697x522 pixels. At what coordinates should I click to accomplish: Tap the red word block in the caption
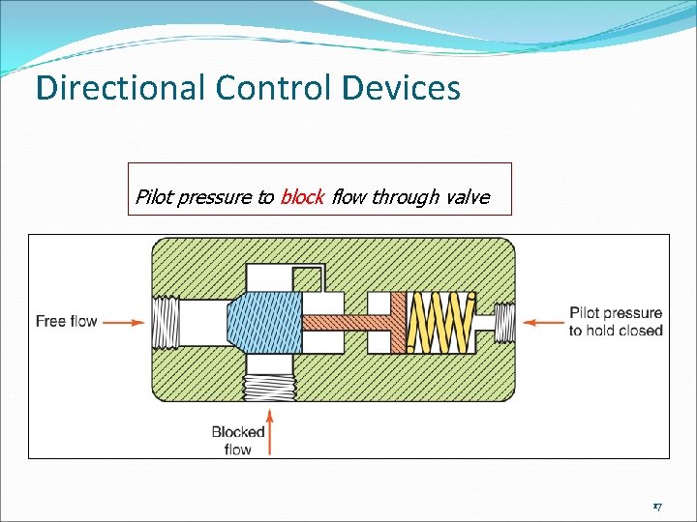pos(301,198)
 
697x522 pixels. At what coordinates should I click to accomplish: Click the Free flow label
pos(66,321)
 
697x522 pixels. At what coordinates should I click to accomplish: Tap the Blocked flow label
pos(238,441)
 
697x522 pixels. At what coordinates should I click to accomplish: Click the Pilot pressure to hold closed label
pos(616,322)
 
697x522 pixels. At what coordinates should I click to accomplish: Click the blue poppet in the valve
pos(262,321)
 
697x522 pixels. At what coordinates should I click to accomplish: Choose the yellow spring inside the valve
pos(438,321)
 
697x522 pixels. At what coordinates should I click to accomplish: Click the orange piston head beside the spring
pos(397,321)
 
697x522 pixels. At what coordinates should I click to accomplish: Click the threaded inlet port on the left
pos(165,321)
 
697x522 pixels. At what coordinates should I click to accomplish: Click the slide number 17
pos(657,507)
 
